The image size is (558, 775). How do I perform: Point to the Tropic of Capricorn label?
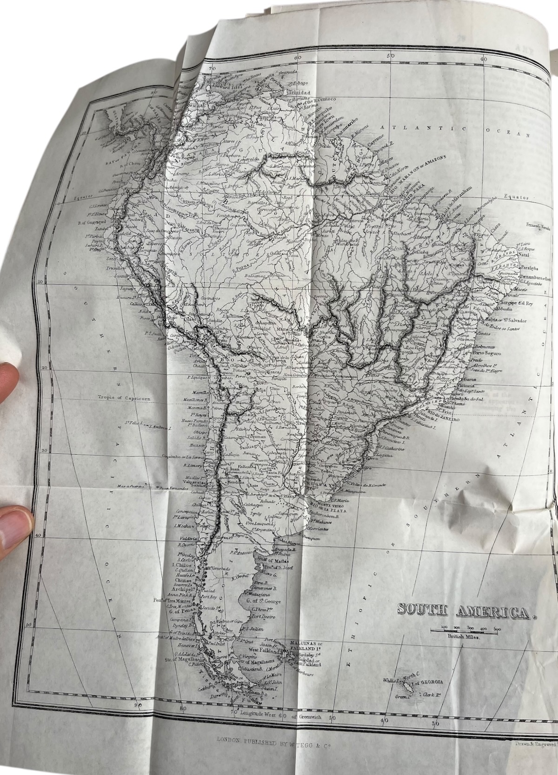pyautogui.click(x=121, y=397)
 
